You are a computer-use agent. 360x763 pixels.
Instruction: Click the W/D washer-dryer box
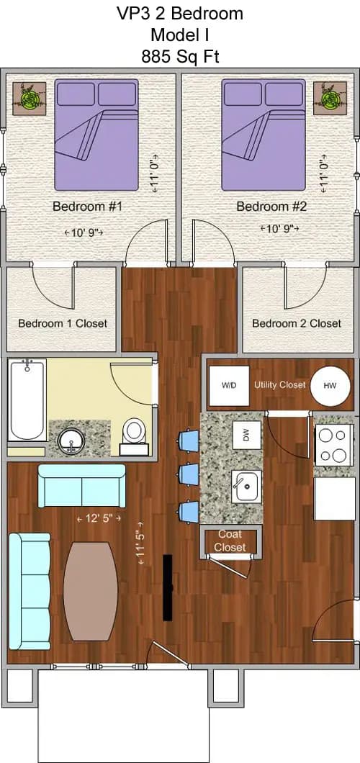coord(229,385)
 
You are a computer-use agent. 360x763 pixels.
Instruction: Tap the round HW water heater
coord(330,385)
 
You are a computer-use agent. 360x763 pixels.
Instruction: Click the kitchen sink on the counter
coord(246,487)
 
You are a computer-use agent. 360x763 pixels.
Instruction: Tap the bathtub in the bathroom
coord(27,400)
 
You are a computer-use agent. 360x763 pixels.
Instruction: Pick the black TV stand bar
coord(168,587)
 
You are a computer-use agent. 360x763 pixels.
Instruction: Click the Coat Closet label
coord(230,541)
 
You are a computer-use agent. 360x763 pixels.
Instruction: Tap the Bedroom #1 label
coord(87,207)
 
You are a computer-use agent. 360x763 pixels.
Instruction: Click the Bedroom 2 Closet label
coord(297,323)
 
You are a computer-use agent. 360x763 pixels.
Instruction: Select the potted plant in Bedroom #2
coord(330,98)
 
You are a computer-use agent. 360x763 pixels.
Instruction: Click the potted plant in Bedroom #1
coord(30,99)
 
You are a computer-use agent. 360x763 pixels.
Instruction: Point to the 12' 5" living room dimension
coord(99,518)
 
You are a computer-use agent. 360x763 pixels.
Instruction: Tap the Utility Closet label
coord(280,385)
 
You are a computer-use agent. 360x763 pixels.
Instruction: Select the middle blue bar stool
coord(188,474)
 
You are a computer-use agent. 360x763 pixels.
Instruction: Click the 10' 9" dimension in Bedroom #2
coord(278,228)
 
